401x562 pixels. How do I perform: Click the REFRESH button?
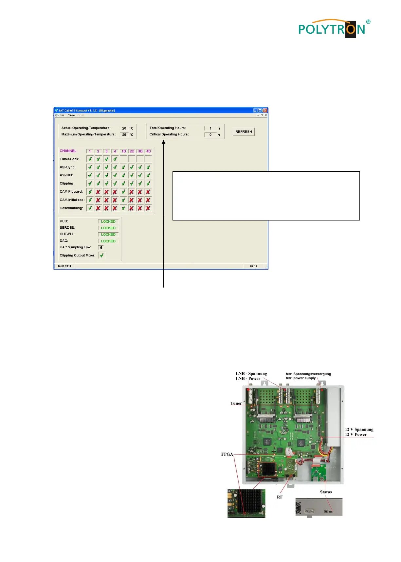[x=244, y=132]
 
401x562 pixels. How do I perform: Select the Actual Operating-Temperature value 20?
[x=124, y=128]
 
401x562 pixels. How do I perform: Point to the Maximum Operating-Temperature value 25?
[x=124, y=135]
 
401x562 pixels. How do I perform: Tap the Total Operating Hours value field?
[x=210, y=128]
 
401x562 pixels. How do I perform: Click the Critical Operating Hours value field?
[x=210, y=135]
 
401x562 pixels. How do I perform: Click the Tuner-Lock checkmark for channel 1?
[x=90, y=159]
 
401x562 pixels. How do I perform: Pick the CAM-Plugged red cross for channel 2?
[x=98, y=192]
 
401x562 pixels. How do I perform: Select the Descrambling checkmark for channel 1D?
[x=123, y=208]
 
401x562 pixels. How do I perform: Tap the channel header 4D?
[x=148, y=151]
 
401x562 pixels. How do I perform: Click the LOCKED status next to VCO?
[x=108, y=221]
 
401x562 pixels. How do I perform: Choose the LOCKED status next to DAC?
[x=108, y=241]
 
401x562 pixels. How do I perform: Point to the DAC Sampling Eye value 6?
[x=101, y=248]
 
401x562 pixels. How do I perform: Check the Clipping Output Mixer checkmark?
[x=102, y=255]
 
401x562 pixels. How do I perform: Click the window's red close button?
[x=265, y=111]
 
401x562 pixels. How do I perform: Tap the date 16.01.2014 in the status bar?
[x=64, y=266]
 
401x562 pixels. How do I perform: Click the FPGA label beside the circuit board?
[x=227, y=454]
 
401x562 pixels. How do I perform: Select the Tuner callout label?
[x=236, y=403]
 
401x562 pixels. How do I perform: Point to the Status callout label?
[x=326, y=492]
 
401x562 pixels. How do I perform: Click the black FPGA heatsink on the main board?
[x=268, y=469]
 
